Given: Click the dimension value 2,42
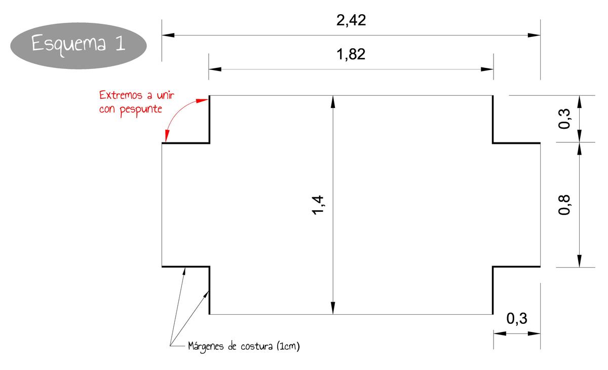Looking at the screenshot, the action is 351,21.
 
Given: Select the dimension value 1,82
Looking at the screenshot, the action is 351,55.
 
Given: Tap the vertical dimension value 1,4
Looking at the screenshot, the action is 318,205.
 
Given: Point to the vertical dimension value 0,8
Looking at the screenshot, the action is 564,205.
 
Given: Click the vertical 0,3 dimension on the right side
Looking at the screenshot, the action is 564,119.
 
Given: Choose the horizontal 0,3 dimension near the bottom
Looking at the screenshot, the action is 516,318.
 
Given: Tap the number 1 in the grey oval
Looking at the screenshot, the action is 120,43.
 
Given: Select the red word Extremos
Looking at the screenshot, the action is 121,95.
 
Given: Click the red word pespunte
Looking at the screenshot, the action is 141,109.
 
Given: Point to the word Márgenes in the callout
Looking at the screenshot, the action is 206,346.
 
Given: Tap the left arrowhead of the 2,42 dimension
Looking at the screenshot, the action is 168,35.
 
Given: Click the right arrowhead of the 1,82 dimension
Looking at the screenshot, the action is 487,69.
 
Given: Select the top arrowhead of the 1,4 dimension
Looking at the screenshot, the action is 333,102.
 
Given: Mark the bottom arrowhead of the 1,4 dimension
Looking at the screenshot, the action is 333,308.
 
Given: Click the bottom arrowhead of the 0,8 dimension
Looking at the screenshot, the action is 579,261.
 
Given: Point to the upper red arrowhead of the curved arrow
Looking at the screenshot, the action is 202,101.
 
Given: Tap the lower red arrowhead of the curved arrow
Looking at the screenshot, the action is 167,135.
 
